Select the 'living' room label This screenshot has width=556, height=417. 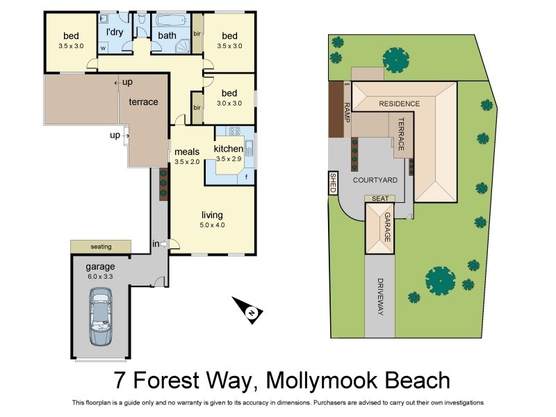[x=213, y=215]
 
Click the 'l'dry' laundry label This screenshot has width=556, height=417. [x=114, y=32]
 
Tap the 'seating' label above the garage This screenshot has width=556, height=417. [x=101, y=247]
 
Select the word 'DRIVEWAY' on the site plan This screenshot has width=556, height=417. [x=379, y=297]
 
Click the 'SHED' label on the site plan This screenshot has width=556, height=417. [x=333, y=183]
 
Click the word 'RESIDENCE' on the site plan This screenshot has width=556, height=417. [x=399, y=104]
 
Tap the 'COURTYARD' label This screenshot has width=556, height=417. [x=375, y=180]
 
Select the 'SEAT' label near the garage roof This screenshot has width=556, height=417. [x=379, y=198]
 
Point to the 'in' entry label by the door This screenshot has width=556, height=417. [x=156, y=243]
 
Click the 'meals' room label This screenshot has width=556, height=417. [x=187, y=152]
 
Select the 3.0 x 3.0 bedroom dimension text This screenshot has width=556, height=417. [x=229, y=103]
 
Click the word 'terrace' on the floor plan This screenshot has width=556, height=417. [x=143, y=101]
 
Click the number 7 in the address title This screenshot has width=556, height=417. [x=120, y=381]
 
